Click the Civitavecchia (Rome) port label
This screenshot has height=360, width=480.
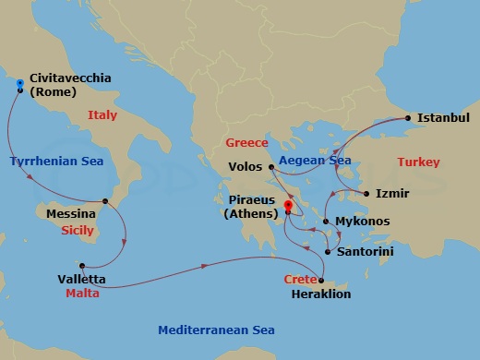click(x=70, y=85)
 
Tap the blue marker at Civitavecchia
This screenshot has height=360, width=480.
click(x=20, y=83)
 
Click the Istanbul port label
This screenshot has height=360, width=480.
click(x=443, y=118)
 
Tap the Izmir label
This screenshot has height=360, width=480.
click(x=392, y=194)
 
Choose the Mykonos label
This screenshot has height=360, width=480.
click(x=362, y=222)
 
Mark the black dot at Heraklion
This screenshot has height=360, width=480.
click(x=320, y=280)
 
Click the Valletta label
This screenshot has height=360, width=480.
click(x=81, y=279)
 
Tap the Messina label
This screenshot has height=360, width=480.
click(x=70, y=213)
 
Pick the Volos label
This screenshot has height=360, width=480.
click(x=245, y=167)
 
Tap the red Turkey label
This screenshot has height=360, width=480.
click(x=418, y=162)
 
